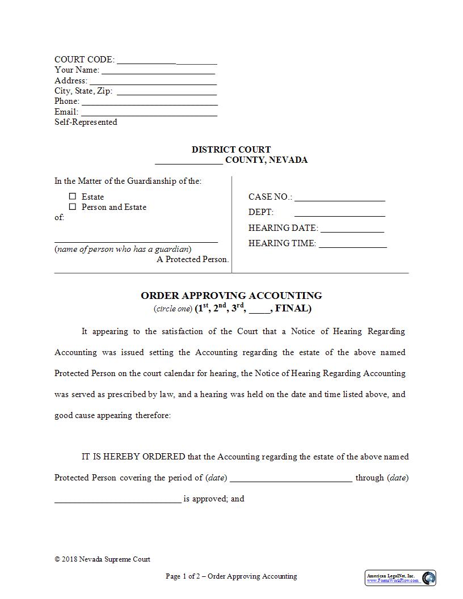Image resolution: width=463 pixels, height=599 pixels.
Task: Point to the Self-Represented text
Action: (86, 122)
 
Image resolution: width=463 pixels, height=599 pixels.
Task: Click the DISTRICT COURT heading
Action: (231, 150)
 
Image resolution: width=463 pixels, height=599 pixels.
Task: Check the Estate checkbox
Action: (73, 196)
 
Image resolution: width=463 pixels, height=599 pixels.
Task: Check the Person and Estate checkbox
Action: (73, 207)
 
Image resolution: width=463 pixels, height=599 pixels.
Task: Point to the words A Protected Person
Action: (193, 259)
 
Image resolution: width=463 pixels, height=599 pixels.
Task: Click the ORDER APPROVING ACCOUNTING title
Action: (231, 296)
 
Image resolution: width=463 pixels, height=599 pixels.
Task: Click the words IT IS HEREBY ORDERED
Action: (133, 457)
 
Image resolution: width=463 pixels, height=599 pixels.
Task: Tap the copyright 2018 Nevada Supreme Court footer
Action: (102, 559)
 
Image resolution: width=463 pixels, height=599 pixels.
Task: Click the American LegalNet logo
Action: (400, 577)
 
